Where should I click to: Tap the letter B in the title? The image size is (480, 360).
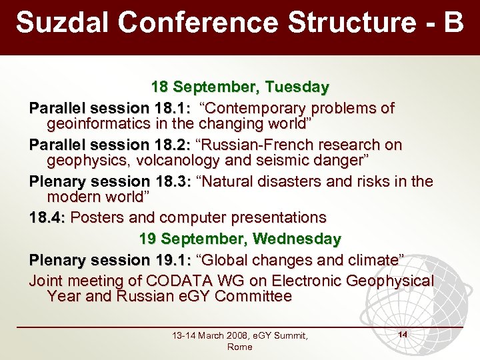453,22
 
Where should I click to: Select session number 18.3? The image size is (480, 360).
174,181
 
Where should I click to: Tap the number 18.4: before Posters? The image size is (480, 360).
47,217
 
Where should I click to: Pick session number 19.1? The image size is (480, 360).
174,259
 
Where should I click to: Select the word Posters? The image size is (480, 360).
98,217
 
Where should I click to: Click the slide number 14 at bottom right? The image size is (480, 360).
402,332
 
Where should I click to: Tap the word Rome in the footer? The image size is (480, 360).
239,347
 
